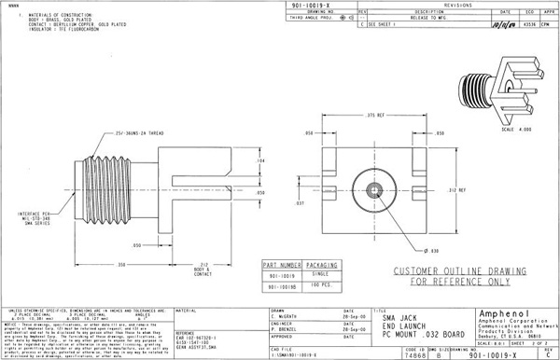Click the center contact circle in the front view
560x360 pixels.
point(373,190)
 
